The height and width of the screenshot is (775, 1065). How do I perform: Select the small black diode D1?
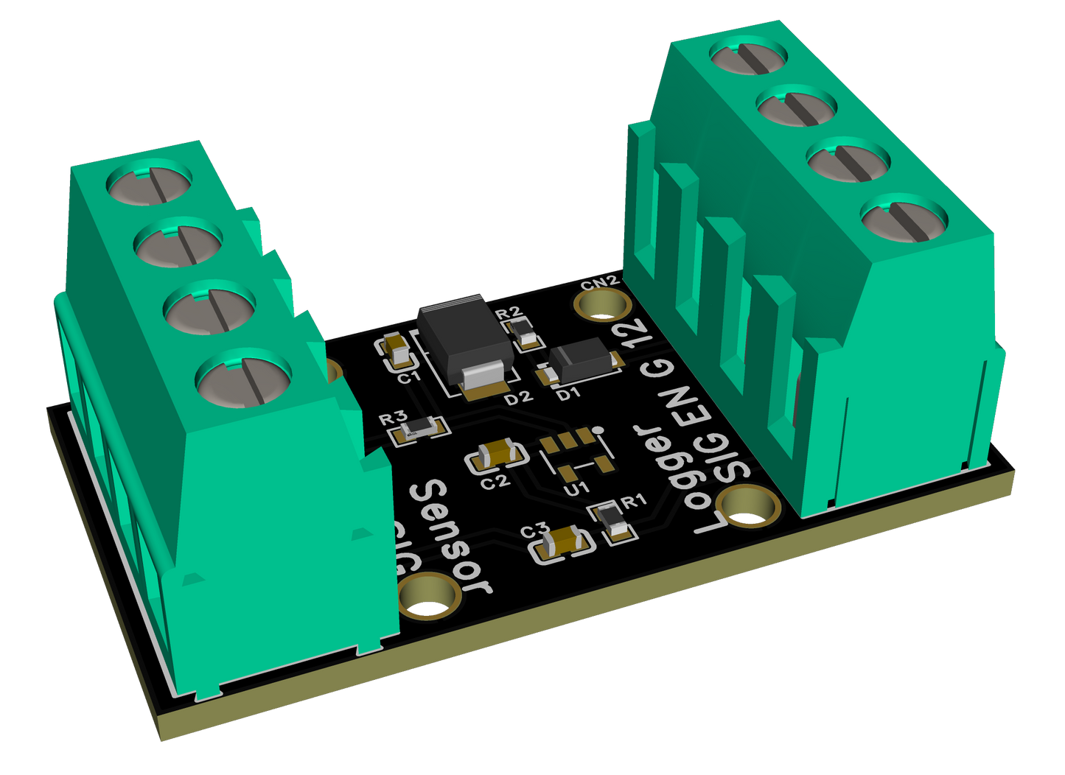(583, 363)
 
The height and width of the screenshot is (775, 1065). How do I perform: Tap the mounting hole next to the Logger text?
(749, 508)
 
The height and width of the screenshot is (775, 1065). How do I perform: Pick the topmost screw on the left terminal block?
(150, 181)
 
